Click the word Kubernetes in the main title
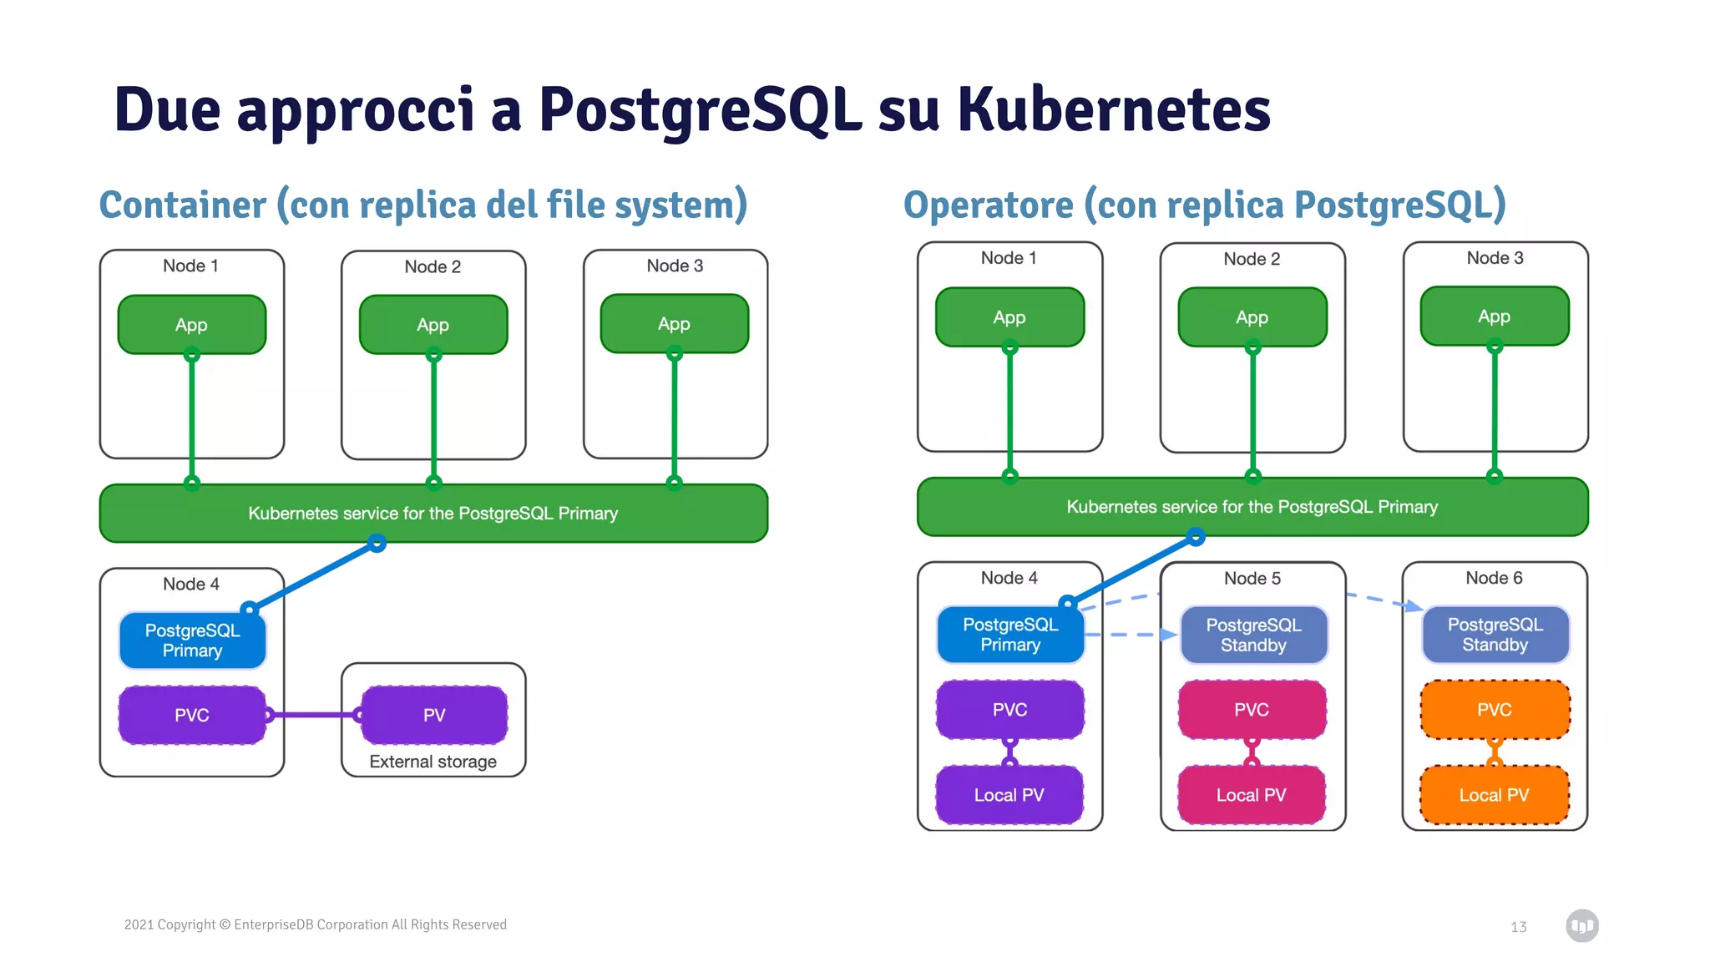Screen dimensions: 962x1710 [1113, 109]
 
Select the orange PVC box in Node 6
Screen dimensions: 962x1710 [1494, 709]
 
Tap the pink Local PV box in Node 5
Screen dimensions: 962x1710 [1251, 795]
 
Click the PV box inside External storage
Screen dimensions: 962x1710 [434, 715]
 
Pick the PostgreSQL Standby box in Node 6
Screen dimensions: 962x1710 [1495, 635]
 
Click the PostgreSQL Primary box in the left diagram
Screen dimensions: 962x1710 [192, 640]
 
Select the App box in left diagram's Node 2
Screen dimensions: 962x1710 [433, 325]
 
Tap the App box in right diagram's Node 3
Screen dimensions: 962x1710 [1494, 316]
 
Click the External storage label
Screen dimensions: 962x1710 [433, 762]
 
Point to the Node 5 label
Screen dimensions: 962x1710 [1252, 578]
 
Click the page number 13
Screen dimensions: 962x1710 [1518, 927]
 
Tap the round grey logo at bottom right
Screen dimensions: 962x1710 [1581, 925]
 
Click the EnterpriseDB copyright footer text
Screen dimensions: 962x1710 [316, 924]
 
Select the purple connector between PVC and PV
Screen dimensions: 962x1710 [313, 715]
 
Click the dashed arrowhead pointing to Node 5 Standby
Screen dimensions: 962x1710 [1169, 635]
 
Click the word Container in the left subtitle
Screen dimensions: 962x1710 [183, 205]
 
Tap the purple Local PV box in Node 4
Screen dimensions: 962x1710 [1009, 795]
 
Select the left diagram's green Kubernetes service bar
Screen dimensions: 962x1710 [433, 514]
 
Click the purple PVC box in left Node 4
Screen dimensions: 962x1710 [192, 715]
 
